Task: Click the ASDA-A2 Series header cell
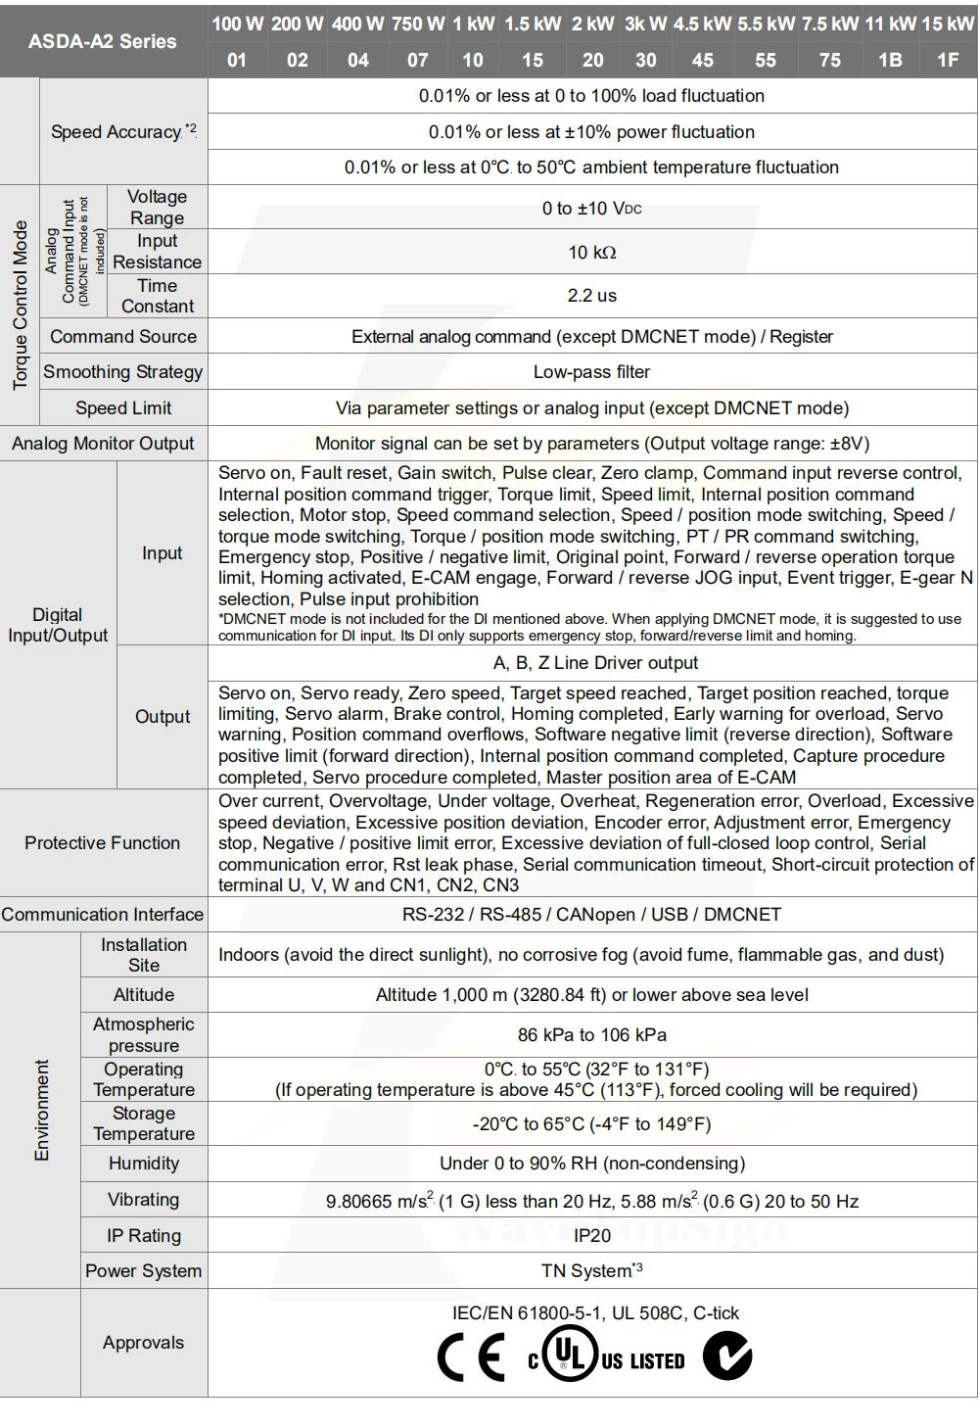pyautogui.click(x=103, y=41)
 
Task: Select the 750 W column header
pyautogui.click(x=418, y=24)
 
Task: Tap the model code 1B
pyautogui.click(x=890, y=60)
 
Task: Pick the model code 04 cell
pyautogui.click(x=358, y=60)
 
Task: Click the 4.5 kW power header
pyautogui.click(x=702, y=24)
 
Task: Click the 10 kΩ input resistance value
pyautogui.click(x=592, y=253)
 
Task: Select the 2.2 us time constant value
pyautogui.click(x=592, y=295)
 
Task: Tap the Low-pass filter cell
pyautogui.click(x=592, y=372)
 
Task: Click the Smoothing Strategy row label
pyautogui.click(x=123, y=372)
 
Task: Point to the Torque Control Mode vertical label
pyautogui.click(x=20, y=305)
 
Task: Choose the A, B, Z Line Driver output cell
pyautogui.click(x=595, y=663)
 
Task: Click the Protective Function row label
pyautogui.click(x=103, y=843)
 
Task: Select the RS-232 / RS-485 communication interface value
pyautogui.click(x=592, y=915)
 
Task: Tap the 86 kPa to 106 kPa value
pyautogui.click(x=592, y=1035)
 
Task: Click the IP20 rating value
pyautogui.click(x=592, y=1236)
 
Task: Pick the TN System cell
pyautogui.click(x=592, y=1271)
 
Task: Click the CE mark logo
pyautogui.click(x=471, y=1358)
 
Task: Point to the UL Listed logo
pyautogui.click(x=606, y=1357)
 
